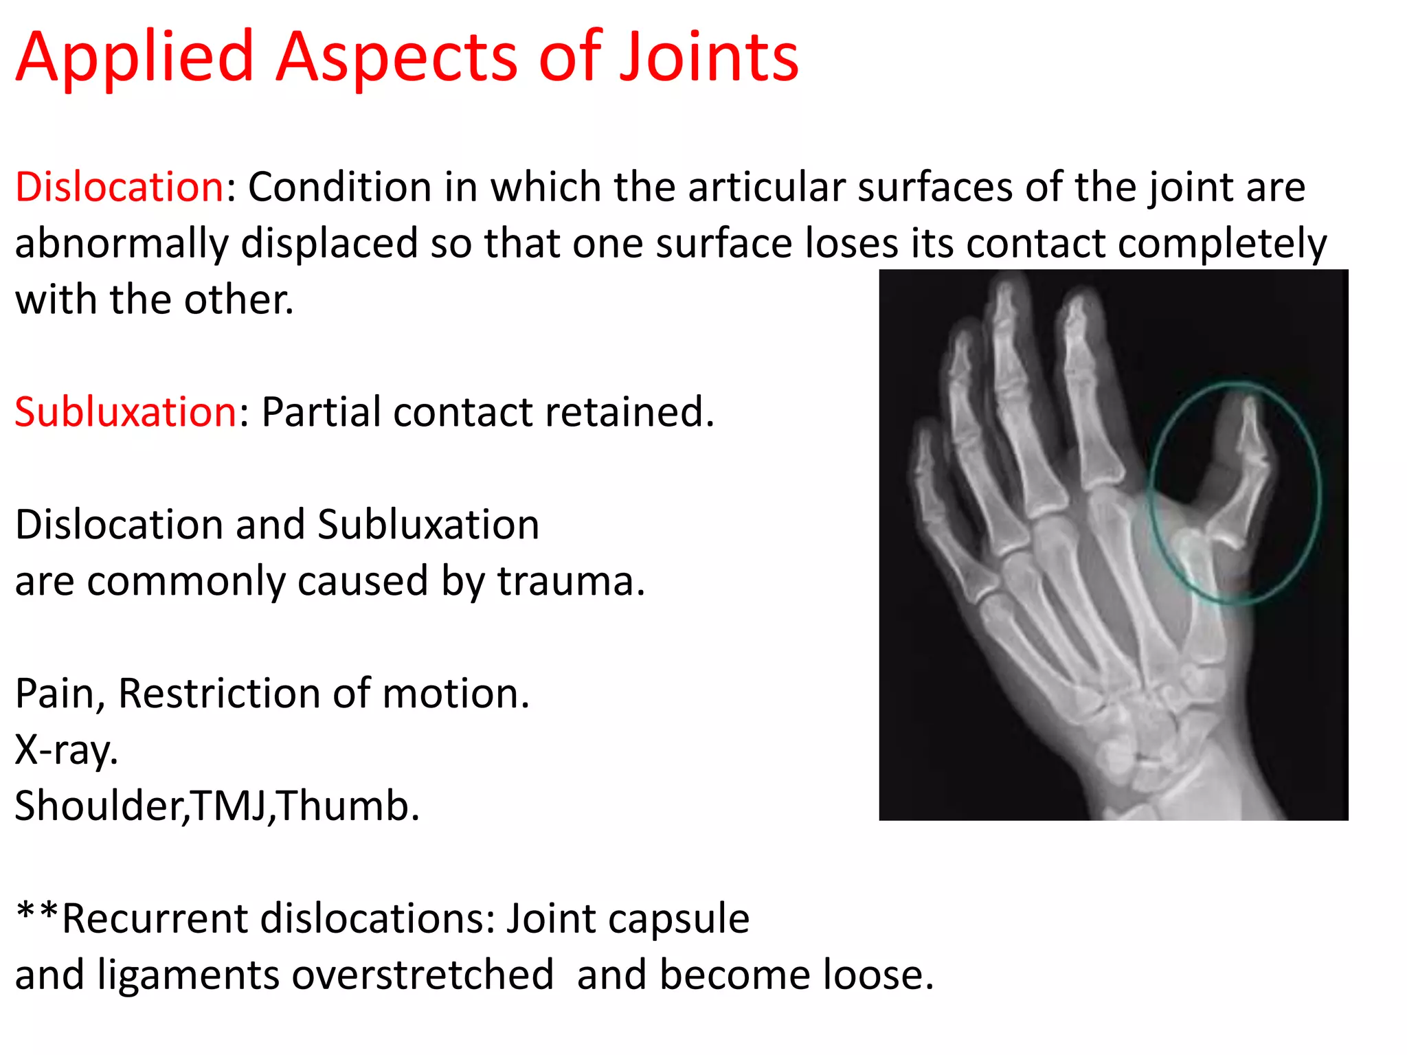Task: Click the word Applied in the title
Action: [135, 58]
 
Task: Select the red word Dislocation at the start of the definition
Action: [119, 187]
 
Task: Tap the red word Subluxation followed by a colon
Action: [126, 412]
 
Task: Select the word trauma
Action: [570, 581]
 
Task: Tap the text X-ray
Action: [66, 750]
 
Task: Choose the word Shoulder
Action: [100, 806]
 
